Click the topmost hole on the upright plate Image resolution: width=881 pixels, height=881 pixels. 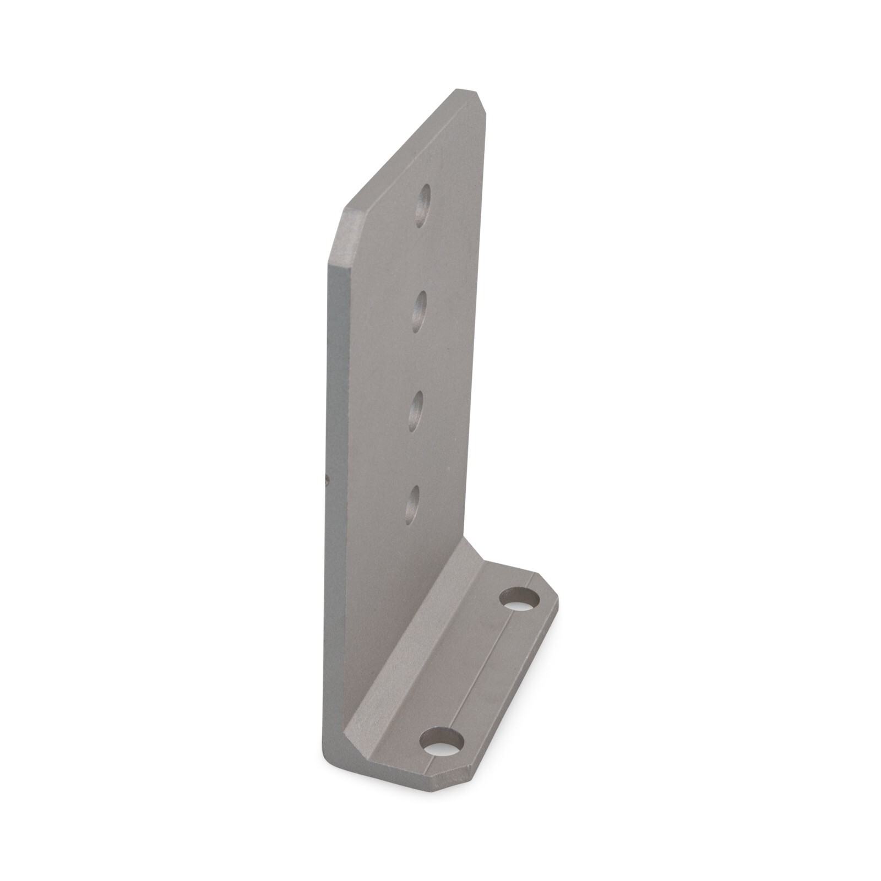[423, 206]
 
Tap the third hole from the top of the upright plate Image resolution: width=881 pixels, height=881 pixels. [416, 411]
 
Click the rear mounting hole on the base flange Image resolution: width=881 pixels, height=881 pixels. [520, 599]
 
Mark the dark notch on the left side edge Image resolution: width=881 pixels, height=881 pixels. [327, 481]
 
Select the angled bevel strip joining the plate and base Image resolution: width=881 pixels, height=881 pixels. [418, 633]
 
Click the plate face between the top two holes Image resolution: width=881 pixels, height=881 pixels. [422, 259]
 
